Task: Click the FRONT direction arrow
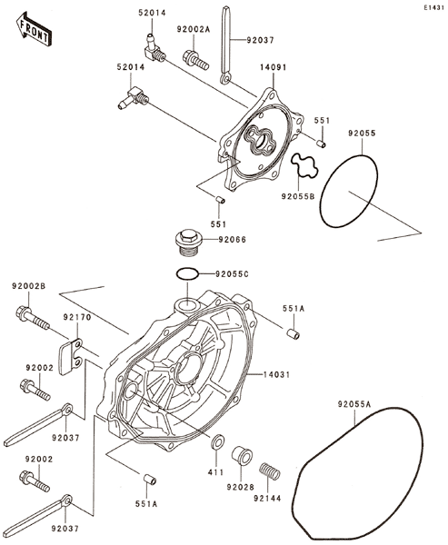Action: coord(34,29)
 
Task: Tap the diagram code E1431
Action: coord(433,7)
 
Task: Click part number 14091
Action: coord(274,67)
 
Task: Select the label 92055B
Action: coord(298,197)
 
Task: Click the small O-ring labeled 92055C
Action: coord(188,274)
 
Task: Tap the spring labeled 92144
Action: coord(270,471)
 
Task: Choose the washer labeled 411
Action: coord(218,441)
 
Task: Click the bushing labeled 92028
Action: coord(242,455)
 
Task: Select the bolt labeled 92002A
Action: coord(195,60)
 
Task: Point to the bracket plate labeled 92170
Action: coord(71,357)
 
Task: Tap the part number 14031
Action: coord(276,374)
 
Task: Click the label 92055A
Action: coord(354,404)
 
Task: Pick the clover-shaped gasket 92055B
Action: coord(304,165)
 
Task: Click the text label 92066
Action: coord(232,240)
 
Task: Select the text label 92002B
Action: coord(28,286)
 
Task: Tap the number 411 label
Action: coord(216,472)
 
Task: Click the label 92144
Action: coord(267,499)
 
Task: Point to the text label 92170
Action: coord(77,317)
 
